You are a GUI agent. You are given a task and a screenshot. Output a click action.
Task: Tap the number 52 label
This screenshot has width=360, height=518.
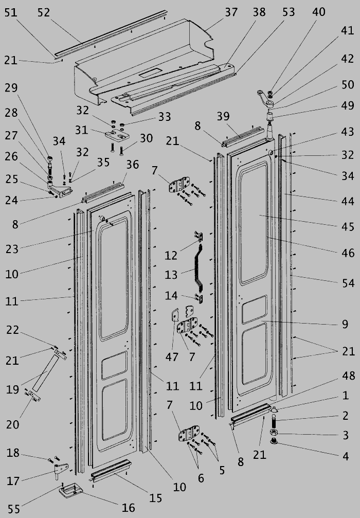[44, 12]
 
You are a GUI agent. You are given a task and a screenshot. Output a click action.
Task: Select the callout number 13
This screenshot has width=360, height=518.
[171, 275]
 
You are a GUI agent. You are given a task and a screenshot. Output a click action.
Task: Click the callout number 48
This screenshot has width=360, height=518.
[348, 377]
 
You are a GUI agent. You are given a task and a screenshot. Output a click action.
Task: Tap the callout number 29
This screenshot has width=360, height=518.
[11, 87]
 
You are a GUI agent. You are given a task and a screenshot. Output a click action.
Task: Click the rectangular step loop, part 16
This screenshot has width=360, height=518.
[70, 491]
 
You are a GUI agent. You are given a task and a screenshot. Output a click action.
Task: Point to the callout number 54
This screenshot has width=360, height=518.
[348, 283]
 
